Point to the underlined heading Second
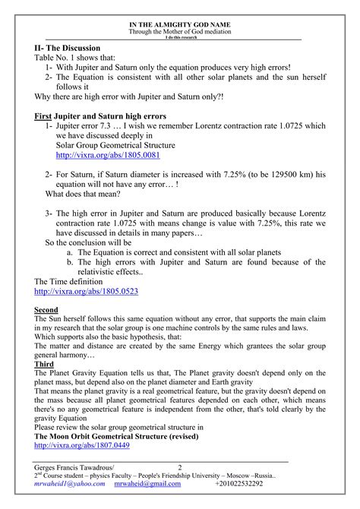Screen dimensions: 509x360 point(49,310)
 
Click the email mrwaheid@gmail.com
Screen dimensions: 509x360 point(148,484)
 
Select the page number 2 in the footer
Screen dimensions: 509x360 point(180,466)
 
